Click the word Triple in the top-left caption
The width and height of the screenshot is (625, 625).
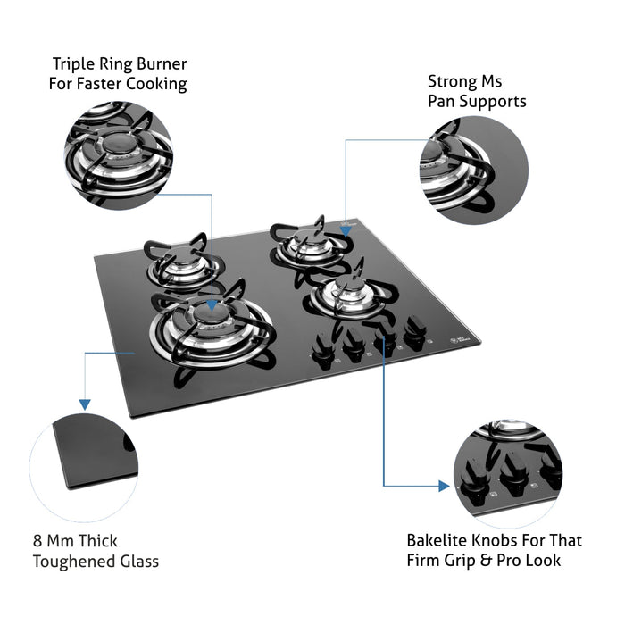point(75,64)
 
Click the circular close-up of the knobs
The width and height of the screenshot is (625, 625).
point(507,473)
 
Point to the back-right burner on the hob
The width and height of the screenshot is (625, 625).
point(303,245)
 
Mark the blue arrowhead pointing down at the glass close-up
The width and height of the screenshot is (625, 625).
point(85,404)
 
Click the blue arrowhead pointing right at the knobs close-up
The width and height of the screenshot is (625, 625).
point(443,486)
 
